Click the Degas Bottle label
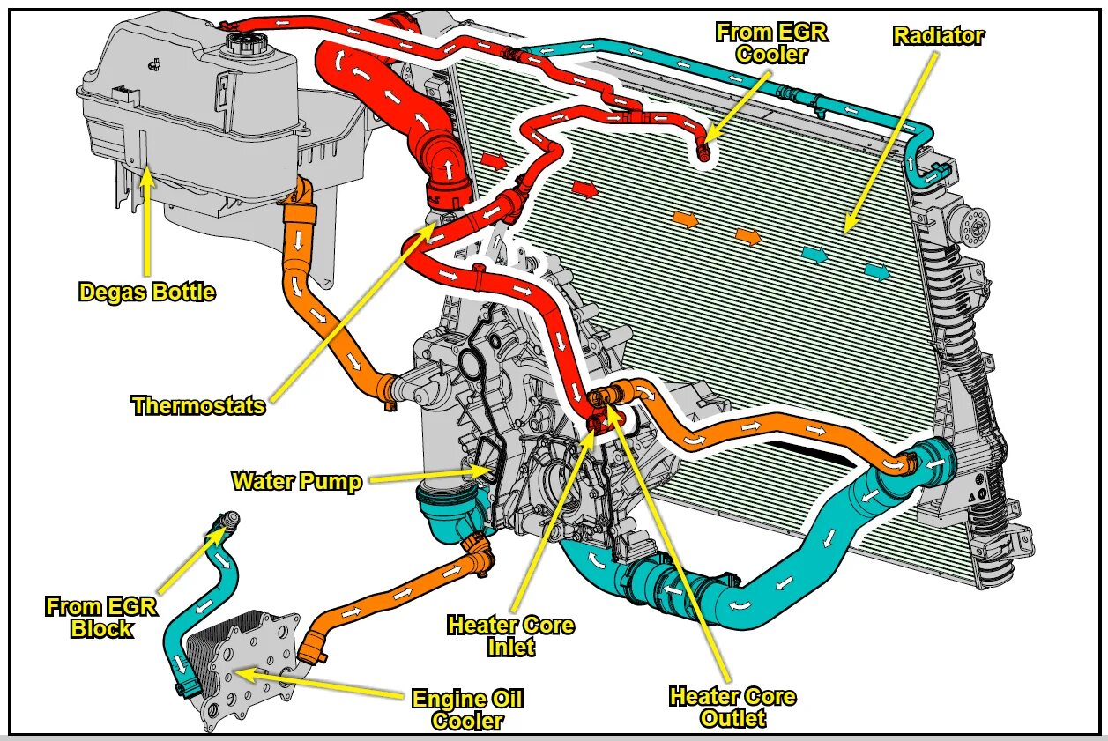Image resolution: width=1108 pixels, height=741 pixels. coord(147,292)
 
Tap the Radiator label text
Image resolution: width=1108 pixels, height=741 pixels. coord(938,36)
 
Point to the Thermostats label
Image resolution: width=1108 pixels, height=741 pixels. coord(198,405)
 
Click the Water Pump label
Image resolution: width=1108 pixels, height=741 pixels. coord(296,481)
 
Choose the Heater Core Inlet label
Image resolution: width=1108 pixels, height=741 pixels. coord(510,635)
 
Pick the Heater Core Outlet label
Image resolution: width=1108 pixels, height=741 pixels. coord(732,707)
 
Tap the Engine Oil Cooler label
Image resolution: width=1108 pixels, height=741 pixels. coord(467,710)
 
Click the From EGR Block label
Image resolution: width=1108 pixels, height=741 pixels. coord(101,617)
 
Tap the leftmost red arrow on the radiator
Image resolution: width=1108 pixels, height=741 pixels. coord(495,161)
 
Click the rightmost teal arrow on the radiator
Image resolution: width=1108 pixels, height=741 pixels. coord(877,271)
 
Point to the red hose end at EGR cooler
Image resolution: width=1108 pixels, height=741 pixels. coord(703,152)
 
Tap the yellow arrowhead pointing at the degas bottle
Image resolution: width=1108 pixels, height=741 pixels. coord(147,177)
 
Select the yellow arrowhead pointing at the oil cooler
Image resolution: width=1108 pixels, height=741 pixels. coord(242,675)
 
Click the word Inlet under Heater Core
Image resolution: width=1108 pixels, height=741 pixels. coord(510,648)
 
